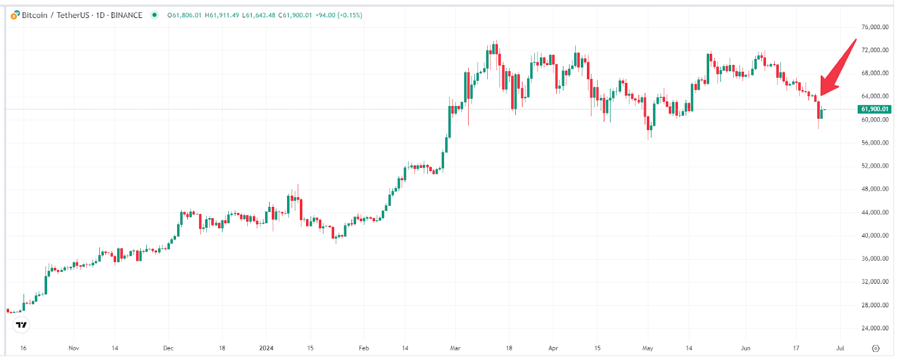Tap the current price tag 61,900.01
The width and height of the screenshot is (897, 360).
tap(875, 109)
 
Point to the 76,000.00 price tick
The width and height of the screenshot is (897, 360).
tap(875, 27)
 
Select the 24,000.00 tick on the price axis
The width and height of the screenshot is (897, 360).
tap(875, 328)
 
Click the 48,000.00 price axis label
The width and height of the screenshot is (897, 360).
tap(875, 189)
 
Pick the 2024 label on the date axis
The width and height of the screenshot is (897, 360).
tap(266, 348)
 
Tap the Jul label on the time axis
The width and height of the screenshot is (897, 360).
tap(840, 348)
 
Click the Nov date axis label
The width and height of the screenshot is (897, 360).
tap(73, 348)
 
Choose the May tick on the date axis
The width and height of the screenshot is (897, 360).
tap(648, 348)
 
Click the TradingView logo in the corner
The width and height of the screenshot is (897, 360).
tap(21, 325)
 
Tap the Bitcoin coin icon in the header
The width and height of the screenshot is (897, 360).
tap(15, 15)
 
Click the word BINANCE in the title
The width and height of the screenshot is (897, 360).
tap(126, 15)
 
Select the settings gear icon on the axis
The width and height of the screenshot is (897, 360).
tap(876, 348)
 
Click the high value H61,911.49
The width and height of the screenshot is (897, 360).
tap(222, 15)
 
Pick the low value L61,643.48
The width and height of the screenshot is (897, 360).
tap(258, 15)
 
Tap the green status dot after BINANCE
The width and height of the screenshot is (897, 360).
tap(154, 15)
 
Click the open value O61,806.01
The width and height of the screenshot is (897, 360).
tap(184, 15)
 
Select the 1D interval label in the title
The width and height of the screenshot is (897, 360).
tap(100, 15)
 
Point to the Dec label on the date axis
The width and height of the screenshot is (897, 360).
tap(168, 348)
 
